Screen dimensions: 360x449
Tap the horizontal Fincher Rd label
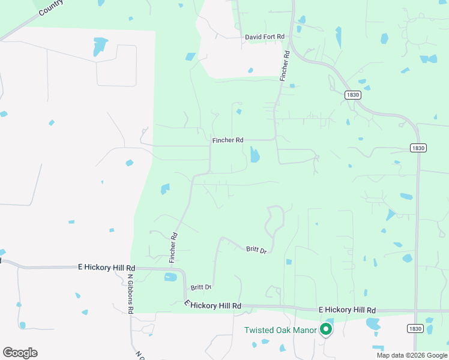tap(228, 140)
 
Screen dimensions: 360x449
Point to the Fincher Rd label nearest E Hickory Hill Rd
tap(174, 248)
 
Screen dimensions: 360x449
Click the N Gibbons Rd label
tap(130, 293)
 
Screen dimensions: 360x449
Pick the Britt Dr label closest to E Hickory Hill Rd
tap(200, 287)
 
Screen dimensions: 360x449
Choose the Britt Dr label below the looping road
tap(256, 249)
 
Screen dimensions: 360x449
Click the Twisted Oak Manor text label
tap(280, 330)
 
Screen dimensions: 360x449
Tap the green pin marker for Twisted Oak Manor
tap(326, 329)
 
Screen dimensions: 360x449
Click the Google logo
tap(20, 353)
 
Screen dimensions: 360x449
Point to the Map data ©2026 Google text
tap(411, 355)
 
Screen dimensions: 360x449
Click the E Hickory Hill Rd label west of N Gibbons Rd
tap(107, 268)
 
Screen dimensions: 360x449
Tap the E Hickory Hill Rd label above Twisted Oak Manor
tap(346, 310)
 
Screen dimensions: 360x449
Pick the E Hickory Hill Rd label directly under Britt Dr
tap(212, 305)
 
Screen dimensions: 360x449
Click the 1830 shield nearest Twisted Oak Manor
tap(414, 328)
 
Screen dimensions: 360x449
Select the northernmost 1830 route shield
tap(352, 95)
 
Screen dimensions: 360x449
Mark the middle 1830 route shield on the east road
tap(418, 148)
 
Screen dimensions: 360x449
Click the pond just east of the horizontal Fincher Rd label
tap(255, 155)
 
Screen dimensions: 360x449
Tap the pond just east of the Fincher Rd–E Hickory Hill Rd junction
tap(170, 277)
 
